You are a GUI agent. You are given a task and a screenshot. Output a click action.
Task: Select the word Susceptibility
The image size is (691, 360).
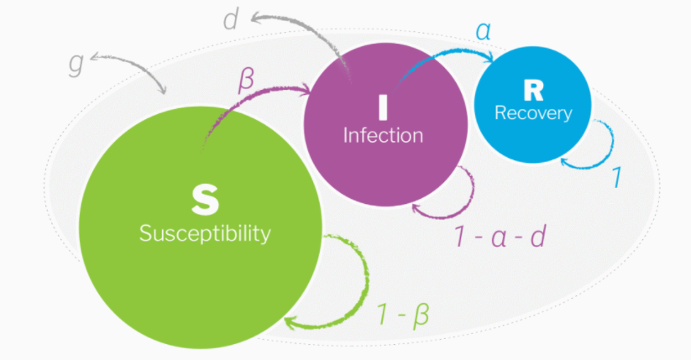coord(205,232)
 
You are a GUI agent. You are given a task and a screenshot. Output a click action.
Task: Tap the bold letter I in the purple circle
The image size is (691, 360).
coord(383,107)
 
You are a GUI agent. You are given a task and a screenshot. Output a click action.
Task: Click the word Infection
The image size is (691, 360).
coord(383,135)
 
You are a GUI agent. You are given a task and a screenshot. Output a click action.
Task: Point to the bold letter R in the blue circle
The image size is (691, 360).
coord(533,90)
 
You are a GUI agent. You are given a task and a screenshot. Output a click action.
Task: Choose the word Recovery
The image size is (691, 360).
coord(533,112)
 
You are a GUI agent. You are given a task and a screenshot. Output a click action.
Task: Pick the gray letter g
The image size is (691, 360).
coord(76,65)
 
